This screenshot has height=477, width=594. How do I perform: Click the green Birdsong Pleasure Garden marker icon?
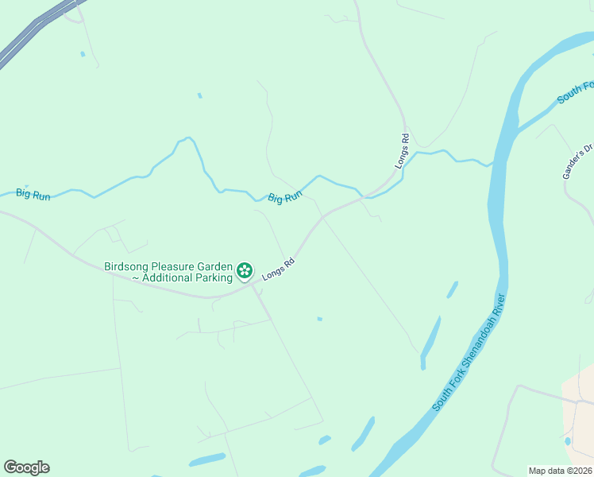click(x=245, y=271)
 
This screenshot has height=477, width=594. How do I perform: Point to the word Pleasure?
click(x=175, y=266)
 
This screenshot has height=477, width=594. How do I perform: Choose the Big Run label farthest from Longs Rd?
click(x=33, y=194)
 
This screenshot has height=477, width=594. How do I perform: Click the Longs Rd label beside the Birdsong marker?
click(x=279, y=267)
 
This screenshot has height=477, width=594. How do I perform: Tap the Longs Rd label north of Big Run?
click(x=403, y=150)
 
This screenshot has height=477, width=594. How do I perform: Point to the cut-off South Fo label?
click(x=575, y=93)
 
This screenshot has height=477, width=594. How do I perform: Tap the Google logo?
click(x=26, y=467)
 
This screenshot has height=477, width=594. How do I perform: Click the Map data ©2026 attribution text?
click(x=560, y=471)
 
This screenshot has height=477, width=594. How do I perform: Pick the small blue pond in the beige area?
click(x=567, y=440)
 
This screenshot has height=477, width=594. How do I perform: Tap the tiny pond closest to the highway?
click(x=83, y=54)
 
